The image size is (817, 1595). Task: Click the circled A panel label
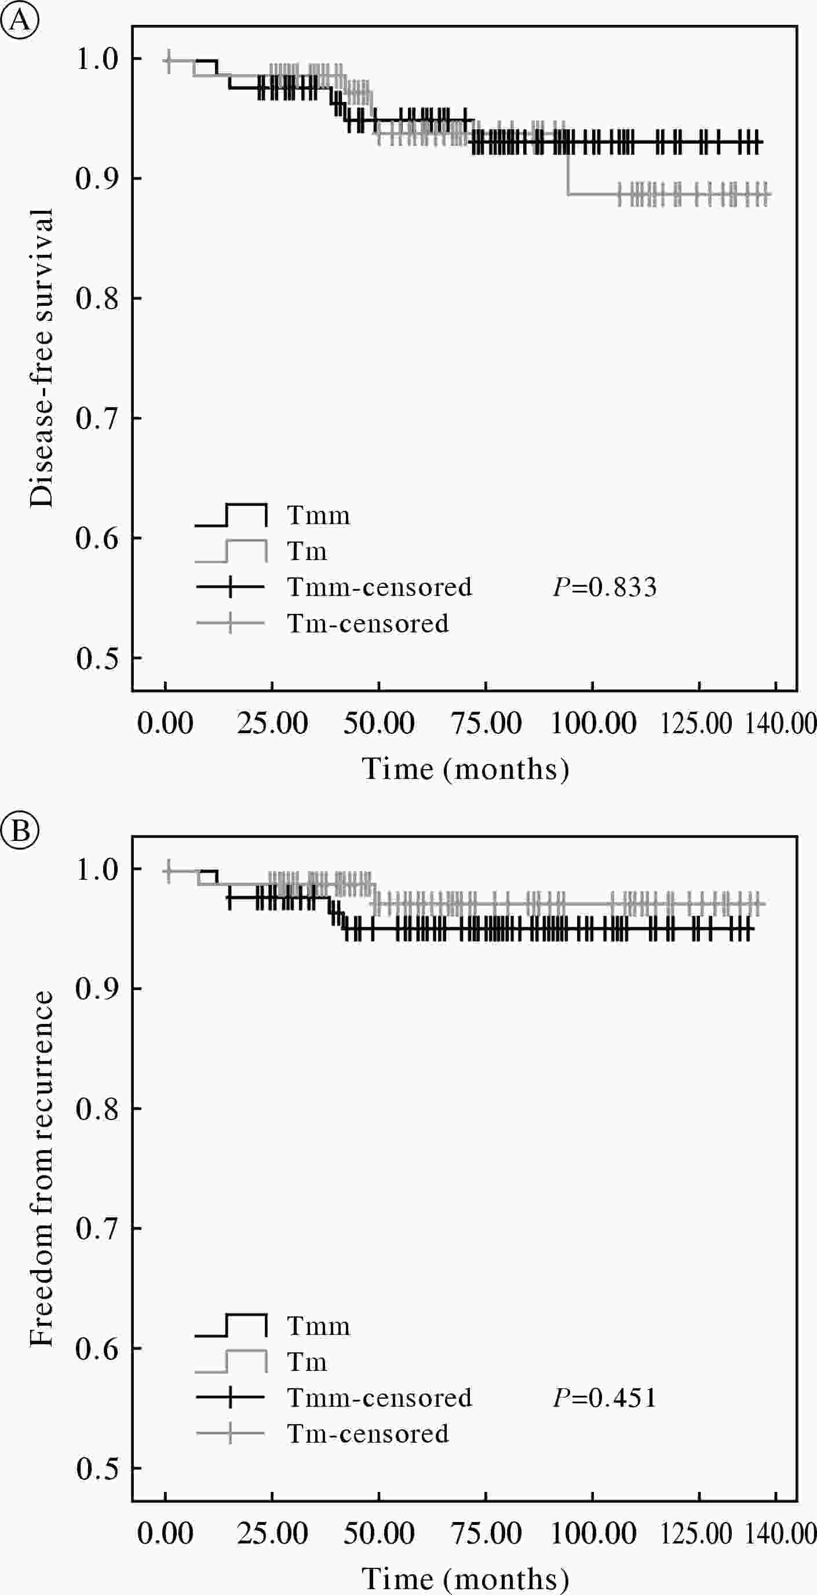click(x=20, y=20)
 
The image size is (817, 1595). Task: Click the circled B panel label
click(x=20, y=831)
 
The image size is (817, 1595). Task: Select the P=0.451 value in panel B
click(x=604, y=1398)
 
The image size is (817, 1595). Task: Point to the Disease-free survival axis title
click(x=42, y=357)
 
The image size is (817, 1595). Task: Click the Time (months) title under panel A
click(x=465, y=769)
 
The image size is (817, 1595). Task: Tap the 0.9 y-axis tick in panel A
click(x=97, y=178)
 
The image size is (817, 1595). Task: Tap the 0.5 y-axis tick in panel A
click(x=97, y=658)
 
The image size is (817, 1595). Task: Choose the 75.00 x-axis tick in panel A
click(x=486, y=723)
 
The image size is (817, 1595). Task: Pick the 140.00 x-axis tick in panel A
click(x=780, y=723)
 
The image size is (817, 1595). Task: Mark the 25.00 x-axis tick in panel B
click(x=272, y=1534)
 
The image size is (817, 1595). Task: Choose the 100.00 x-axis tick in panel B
click(x=593, y=1534)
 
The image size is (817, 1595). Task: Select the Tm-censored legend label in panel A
click(x=368, y=624)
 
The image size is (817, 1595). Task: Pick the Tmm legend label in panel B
click(x=318, y=1326)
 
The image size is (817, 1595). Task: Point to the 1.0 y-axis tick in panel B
click(x=97, y=869)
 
